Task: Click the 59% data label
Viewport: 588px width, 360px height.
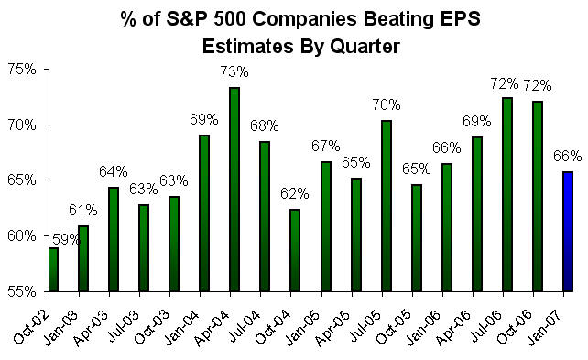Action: click(65, 241)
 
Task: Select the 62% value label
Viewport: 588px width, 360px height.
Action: click(294, 192)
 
